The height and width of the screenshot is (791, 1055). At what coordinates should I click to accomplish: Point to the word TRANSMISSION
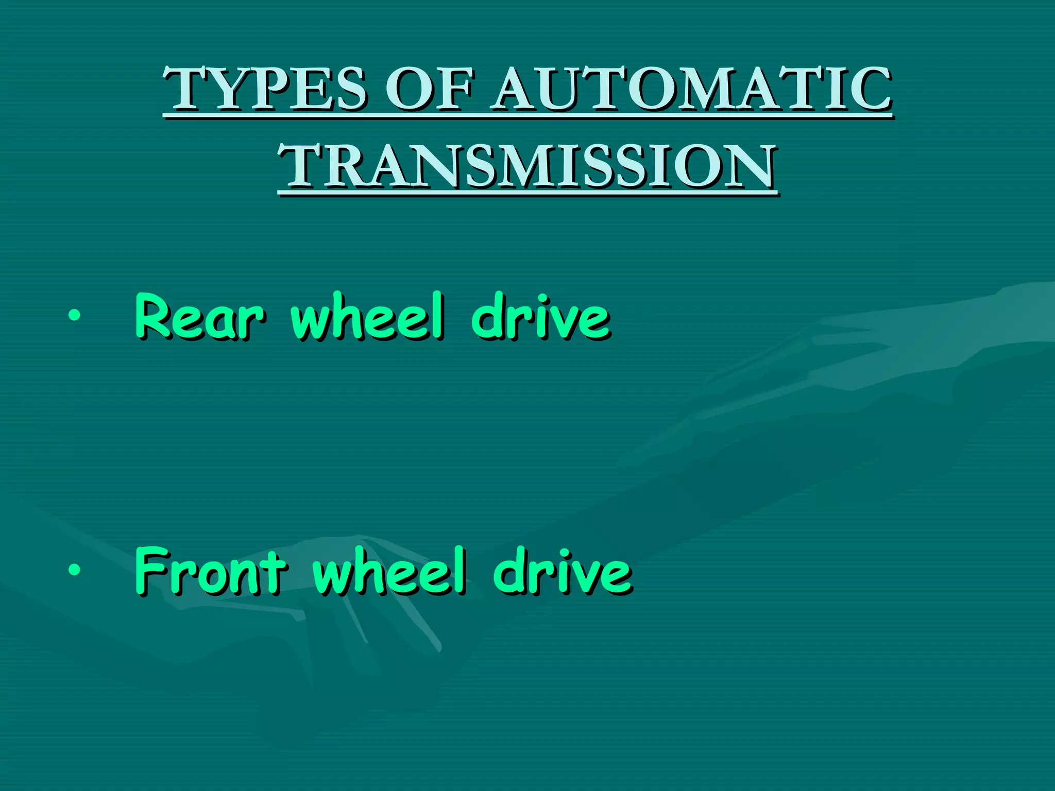(527, 166)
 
